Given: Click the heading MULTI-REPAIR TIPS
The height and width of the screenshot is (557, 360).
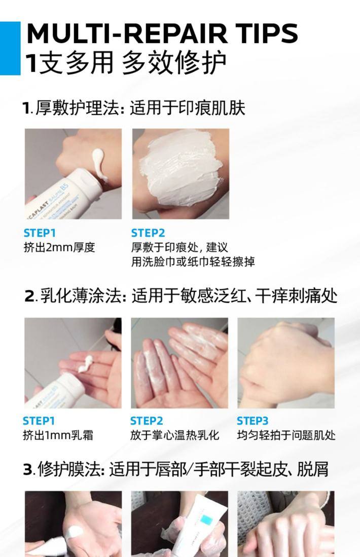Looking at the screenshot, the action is (x=162, y=33).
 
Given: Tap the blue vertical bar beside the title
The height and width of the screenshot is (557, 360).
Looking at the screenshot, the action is (x=10, y=48).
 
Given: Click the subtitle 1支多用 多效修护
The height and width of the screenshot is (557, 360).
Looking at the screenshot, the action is (x=126, y=63).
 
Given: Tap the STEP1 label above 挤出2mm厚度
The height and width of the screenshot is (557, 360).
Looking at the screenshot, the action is (x=40, y=233).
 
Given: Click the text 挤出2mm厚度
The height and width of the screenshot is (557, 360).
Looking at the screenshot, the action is (x=59, y=247).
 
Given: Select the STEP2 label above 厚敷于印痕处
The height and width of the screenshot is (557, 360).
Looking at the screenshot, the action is (x=148, y=233).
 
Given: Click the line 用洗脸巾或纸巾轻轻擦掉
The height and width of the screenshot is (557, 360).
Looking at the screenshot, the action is (x=193, y=262).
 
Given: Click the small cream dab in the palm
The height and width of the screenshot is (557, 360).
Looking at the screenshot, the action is (x=85, y=363).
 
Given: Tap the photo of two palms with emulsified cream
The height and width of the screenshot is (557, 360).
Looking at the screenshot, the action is (x=179, y=363).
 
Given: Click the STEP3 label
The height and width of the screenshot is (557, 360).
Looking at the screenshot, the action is (x=253, y=421).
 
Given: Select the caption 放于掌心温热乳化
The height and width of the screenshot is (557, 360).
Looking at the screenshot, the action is (x=174, y=435).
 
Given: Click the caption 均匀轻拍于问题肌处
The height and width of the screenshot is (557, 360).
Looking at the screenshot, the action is (x=286, y=435).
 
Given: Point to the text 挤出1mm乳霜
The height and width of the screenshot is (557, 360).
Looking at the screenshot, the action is (x=58, y=435).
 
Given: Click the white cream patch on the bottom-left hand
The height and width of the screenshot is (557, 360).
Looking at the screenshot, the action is (x=75, y=533).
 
